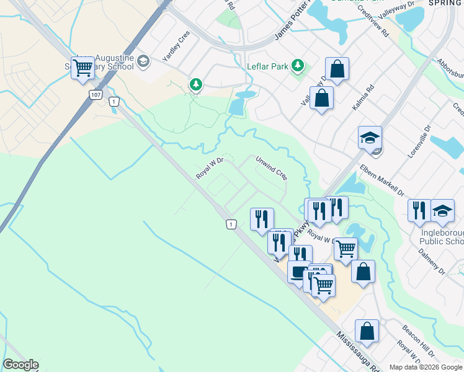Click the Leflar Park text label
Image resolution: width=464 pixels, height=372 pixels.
tap(267, 66)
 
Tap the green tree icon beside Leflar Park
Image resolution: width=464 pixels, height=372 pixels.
tap(298, 65)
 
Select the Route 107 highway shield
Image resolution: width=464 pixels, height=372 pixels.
tap(95, 94)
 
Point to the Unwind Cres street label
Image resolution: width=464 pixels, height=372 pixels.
tap(272, 167)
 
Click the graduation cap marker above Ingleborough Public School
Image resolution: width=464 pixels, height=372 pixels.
tap(442, 211)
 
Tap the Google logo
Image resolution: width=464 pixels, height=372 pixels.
tap(20, 365)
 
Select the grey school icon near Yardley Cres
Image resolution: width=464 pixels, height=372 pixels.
tap(143, 60)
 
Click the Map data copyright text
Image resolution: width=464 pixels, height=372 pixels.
tap(426, 367)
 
